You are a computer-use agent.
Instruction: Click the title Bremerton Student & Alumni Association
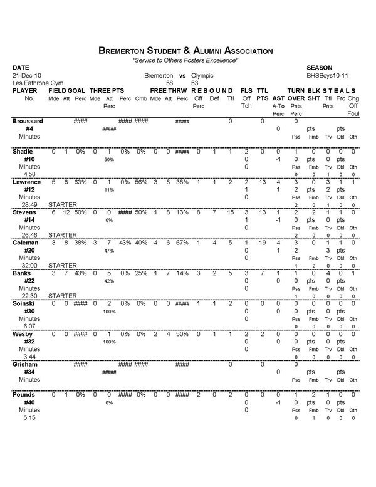click(x=185, y=50)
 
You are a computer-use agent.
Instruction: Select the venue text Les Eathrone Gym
click(x=34, y=83)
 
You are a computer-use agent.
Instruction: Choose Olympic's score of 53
click(x=195, y=83)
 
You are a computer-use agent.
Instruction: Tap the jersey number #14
click(x=29, y=220)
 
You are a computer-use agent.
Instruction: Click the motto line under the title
click(x=185, y=60)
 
